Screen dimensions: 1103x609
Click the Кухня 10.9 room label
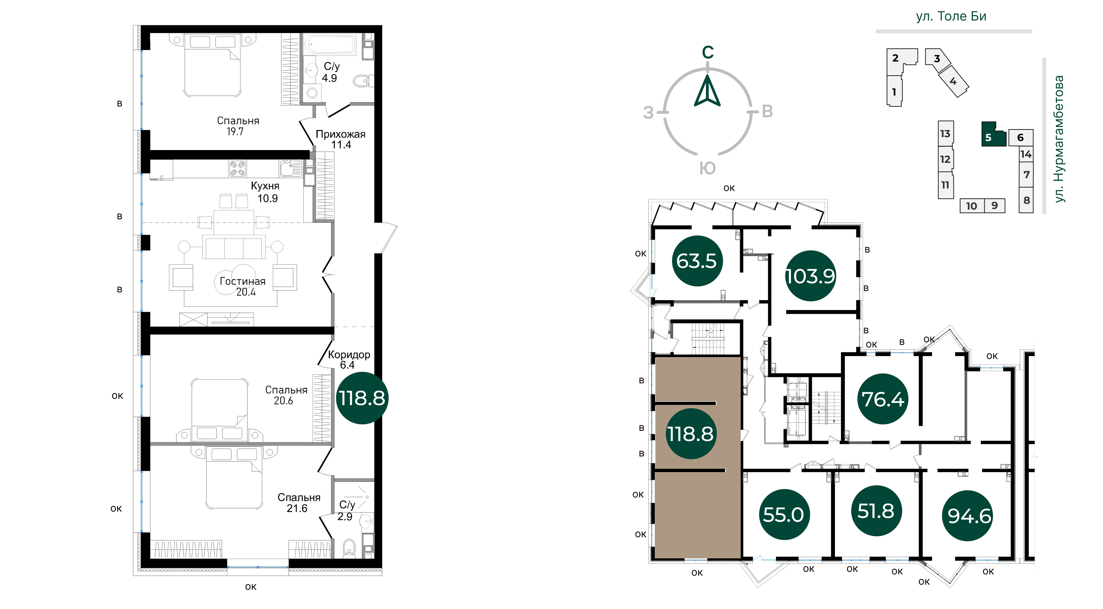265,192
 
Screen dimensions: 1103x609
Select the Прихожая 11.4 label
341,139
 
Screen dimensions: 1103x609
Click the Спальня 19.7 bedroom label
238,126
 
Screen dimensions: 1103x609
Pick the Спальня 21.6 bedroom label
299,503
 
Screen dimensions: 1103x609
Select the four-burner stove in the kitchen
237,169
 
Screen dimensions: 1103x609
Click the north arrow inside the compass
707,91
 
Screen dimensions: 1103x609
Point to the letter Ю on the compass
707,168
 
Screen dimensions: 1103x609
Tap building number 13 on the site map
946,134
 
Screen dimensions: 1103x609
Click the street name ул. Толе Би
951,16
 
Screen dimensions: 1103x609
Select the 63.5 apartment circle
697,261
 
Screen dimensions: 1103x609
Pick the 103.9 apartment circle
810,276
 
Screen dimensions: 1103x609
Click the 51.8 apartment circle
876,511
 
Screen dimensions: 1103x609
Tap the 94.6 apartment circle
969,516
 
